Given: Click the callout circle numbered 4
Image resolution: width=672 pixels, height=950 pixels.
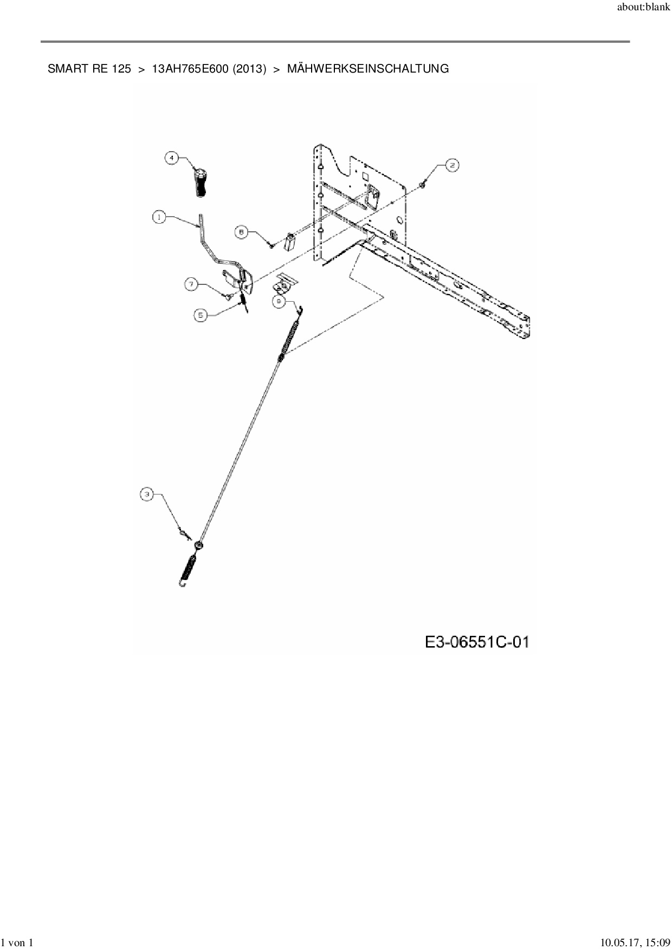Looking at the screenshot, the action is point(172,158).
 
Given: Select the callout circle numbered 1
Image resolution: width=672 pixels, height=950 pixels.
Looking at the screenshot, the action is point(159,217).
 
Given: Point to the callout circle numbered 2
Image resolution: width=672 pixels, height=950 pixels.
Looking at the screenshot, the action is point(452,166).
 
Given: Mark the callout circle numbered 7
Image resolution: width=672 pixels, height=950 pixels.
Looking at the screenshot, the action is point(191,283).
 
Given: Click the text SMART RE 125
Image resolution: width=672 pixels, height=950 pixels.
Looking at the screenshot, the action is point(89,69).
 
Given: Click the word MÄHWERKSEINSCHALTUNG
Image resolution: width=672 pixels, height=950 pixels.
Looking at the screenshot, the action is point(368,69).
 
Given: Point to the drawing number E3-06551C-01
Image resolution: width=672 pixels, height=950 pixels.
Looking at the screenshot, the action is point(477,642).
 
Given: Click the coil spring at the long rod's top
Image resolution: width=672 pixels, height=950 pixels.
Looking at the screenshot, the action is point(288,339).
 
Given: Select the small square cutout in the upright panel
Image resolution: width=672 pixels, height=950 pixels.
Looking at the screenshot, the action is point(365,176).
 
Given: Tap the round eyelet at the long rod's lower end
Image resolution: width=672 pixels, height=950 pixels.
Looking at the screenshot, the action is point(199,545).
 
